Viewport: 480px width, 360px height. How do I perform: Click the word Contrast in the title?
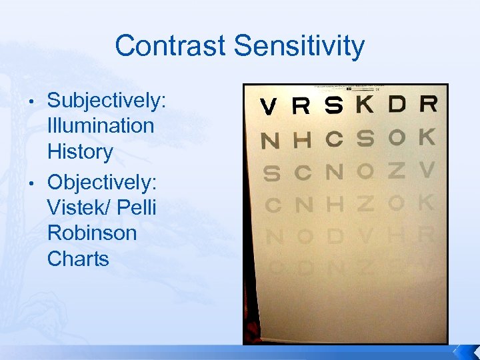coord(171,47)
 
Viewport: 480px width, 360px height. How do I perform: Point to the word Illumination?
coord(101,125)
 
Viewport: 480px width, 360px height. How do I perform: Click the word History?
coord(80,152)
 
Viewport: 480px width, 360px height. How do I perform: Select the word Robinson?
coord(92,233)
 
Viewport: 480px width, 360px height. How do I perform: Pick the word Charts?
coord(78,259)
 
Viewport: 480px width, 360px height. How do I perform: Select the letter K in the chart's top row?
coord(365,104)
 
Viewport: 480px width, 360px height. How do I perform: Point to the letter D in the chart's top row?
coord(397,104)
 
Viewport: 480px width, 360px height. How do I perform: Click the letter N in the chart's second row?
coord(270,141)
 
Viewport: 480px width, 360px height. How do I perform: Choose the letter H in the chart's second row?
coord(302,140)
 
